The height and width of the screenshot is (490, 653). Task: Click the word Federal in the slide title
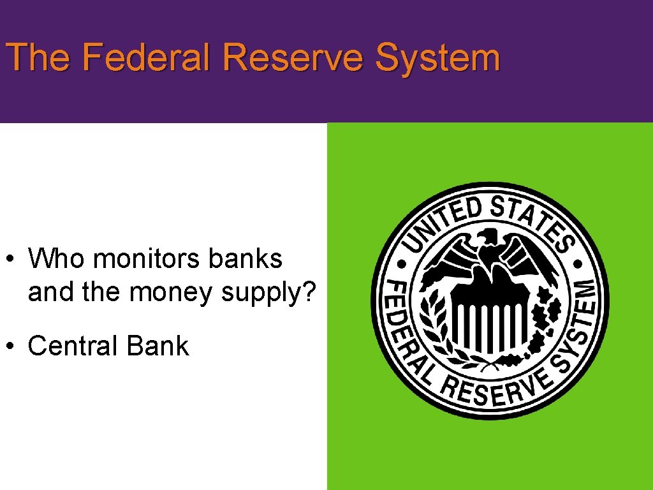(146, 57)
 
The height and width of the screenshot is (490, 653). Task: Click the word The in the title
(38, 57)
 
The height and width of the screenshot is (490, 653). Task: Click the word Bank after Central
(158, 346)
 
